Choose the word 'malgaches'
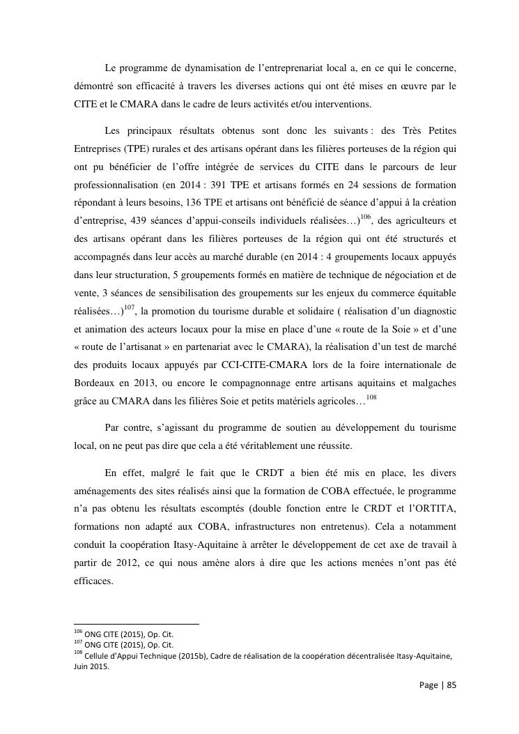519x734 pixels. click(433, 383)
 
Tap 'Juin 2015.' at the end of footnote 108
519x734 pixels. click(92, 666)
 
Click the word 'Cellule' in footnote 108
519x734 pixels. click(96, 655)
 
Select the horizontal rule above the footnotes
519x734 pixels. click(137, 625)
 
